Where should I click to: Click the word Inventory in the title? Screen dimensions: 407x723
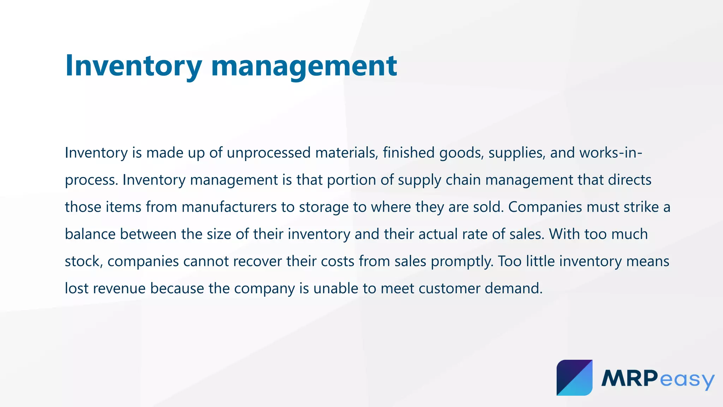133,66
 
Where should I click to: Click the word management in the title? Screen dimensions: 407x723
304,66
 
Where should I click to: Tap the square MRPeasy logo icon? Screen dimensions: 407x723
574,378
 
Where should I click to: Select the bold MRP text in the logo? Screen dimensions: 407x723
629,378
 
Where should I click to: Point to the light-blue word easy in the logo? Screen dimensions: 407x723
686,380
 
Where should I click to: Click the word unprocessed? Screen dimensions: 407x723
269,153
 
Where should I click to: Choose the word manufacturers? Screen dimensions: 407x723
229,207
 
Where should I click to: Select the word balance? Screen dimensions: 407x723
90,234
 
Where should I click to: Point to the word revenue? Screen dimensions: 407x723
119,289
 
